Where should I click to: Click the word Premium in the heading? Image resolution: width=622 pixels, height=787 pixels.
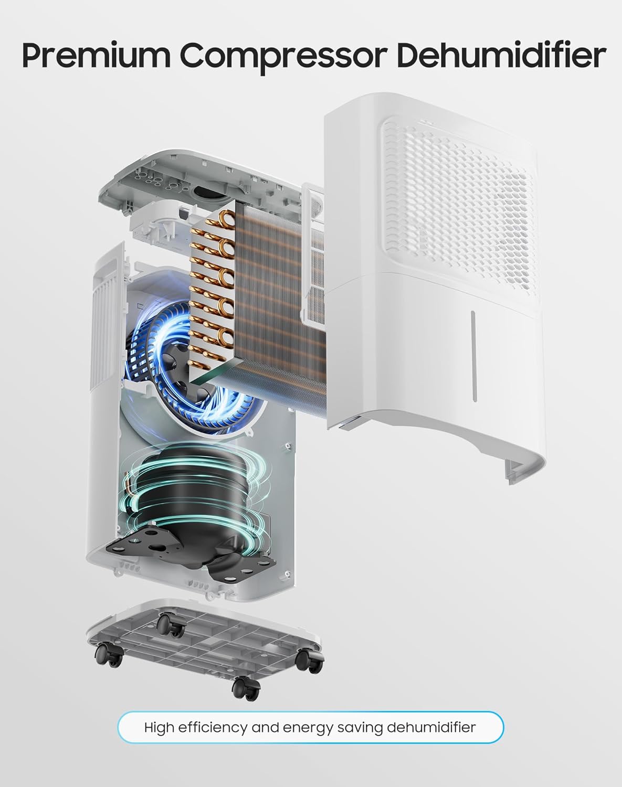96,56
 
